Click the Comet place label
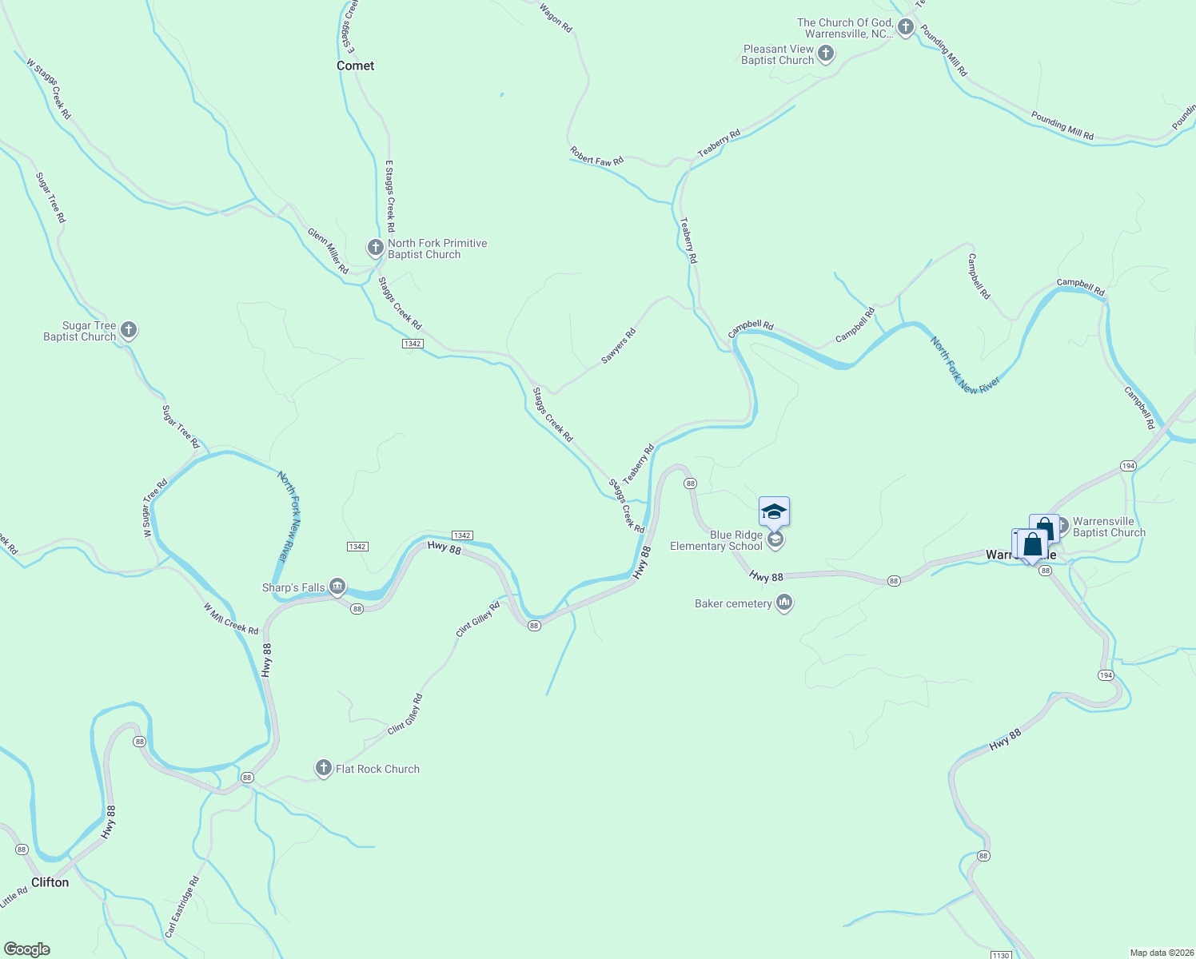tap(355, 66)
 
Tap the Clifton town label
tap(50, 882)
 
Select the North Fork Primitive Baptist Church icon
tap(375, 248)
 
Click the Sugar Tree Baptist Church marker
tap(128, 330)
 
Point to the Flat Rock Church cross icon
tap(323, 769)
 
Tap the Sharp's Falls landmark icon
tap(337, 587)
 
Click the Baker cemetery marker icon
tap(783, 603)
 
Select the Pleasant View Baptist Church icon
tap(826, 54)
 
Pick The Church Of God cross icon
tap(905, 28)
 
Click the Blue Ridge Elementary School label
tap(716, 541)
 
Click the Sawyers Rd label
tap(618, 346)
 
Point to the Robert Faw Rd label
tap(596, 156)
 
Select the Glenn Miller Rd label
tap(329, 251)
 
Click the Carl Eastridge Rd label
tap(182, 907)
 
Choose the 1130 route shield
tap(1000, 955)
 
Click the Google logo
tap(27, 949)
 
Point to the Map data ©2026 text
tap(1161, 953)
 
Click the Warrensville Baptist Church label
tap(1109, 527)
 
